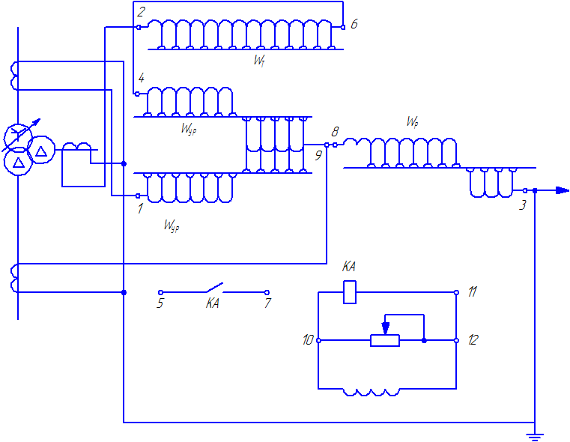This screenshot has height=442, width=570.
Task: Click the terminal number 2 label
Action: [141, 12]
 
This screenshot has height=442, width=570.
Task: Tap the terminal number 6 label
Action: [354, 25]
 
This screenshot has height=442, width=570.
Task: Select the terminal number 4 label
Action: [141, 78]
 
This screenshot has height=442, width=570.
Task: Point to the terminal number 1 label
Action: [140, 209]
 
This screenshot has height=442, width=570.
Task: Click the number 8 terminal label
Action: [335, 132]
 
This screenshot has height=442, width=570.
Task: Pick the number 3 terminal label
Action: [522, 205]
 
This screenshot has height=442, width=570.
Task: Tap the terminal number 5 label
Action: [160, 303]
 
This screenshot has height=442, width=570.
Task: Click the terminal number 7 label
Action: [268, 303]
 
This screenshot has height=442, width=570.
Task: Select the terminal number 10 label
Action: [308, 340]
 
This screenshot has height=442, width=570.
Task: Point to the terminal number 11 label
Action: [472, 291]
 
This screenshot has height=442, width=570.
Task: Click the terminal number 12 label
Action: [473, 340]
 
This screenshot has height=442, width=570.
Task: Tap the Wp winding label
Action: [412, 121]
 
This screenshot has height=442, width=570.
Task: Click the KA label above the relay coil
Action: [348, 267]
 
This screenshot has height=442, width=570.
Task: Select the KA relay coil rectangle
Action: [350, 292]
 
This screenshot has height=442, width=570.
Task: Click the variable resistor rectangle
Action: [385, 341]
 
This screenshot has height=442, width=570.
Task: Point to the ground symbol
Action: [535, 436]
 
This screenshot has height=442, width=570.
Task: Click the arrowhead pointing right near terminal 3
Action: [563, 190]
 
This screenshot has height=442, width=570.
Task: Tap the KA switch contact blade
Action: [214, 287]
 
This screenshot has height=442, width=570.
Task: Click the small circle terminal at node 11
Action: [457, 292]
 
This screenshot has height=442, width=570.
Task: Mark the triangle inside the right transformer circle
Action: [41, 151]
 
